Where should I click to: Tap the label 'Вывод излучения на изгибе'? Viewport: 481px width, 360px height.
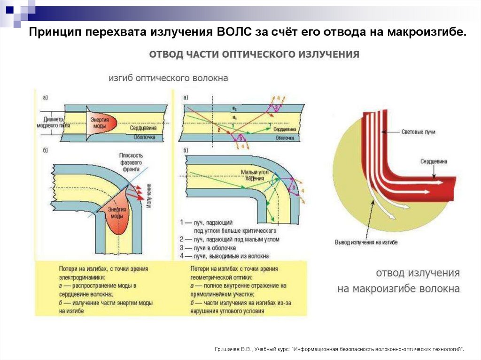click(x=366, y=242)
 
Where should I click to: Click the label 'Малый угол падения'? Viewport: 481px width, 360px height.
click(x=254, y=175)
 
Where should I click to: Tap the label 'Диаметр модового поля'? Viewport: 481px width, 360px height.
click(x=50, y=123)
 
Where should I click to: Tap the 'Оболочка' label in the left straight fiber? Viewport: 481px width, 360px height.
click(x=144, y=138)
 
